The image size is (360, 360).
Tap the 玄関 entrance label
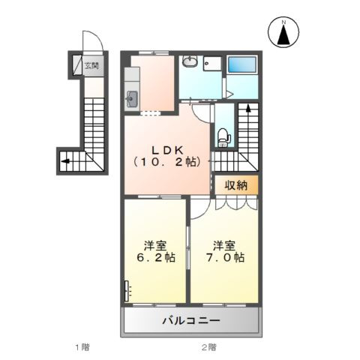click(x=90, y=65)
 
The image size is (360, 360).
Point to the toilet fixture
click(x=222, y=137)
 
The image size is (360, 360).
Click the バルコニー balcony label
click(x=191, y=321)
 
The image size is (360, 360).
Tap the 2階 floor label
click(x=209, y=346)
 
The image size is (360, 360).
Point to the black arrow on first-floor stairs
click(x=66, y=160)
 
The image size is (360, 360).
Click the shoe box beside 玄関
click(x=76, y=65)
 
